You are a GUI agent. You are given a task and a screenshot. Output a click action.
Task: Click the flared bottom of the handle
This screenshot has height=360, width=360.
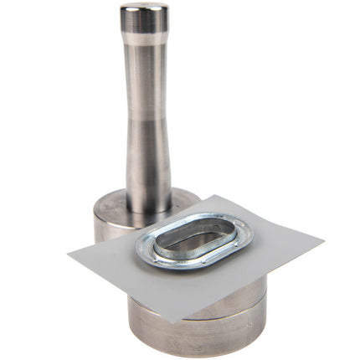click(149, 201)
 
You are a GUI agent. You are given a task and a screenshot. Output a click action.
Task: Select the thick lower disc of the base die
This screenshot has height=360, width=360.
click(201, 335)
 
